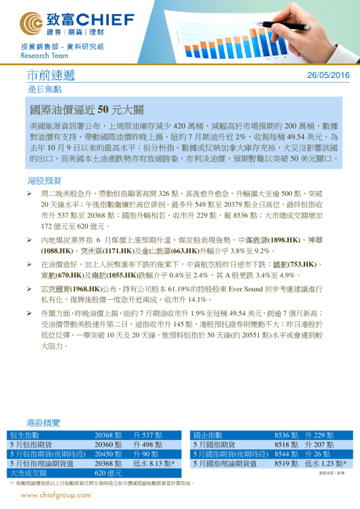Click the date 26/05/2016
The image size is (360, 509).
click(329, 76)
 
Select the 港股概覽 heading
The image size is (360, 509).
click(44, 423)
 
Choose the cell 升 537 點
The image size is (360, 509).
click(147, 435)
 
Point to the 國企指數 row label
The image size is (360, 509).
click(208, 435)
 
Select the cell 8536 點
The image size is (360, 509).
click(286, 435)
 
